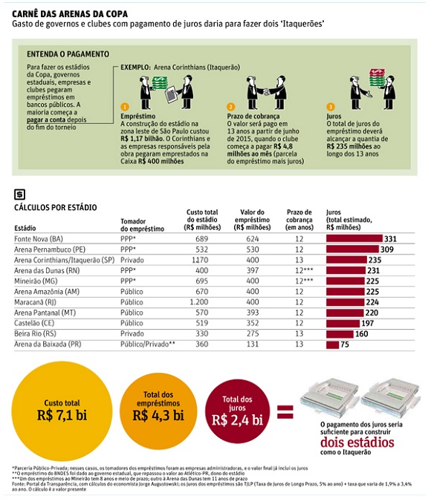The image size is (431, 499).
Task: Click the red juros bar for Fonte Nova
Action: click(354, 238)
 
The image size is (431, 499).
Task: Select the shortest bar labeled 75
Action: click(332, 345)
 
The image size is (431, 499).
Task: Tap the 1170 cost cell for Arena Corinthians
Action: click(200, 260)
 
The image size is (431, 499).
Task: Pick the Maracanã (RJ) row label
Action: click(35, 302)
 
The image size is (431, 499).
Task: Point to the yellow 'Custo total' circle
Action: click(62, 411)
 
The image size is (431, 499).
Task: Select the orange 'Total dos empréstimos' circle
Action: click(158, 411)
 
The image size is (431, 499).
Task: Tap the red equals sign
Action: click(285, 412)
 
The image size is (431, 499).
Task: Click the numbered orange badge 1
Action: click(125, 107)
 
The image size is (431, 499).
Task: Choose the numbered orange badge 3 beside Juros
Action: click(331, 107)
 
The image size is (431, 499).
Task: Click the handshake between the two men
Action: click(266, 92)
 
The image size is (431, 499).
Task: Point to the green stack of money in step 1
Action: click(160, 82)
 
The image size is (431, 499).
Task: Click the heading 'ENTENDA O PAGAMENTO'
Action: click(68, 54)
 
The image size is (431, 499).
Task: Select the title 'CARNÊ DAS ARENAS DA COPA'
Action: click(70, 14)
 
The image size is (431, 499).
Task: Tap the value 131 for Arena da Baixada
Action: click(253, 344)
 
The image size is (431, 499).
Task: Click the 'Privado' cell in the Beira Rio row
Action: click(132, 333)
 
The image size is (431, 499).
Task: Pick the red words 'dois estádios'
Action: click(357, 443)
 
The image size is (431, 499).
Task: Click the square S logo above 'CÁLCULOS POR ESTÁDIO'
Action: click(20, 194)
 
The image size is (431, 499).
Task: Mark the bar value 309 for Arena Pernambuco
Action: click(387, 249)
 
